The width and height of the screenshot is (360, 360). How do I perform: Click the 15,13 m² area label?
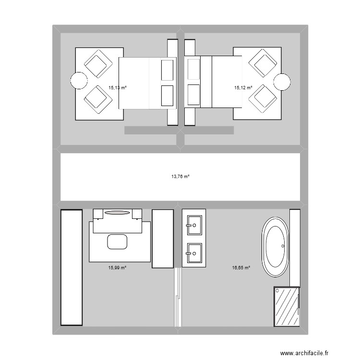[x=118, y=87]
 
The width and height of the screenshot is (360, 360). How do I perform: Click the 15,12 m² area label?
[x=243, y=87]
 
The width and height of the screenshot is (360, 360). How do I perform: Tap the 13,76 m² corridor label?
[x=180, y=176]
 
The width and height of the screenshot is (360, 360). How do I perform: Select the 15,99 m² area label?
[x=117, y=267]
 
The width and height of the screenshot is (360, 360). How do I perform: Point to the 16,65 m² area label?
[x=241, y=267]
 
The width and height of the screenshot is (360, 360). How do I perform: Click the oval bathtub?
[x=276, y=247]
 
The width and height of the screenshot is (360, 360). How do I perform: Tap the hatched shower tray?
[x=287, y=307]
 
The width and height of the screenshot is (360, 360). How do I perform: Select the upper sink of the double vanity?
[x=194, y=225]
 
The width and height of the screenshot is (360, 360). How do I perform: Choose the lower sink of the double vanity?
[x=194, y=253]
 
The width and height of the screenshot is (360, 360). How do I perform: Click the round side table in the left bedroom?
[x=79, y=81]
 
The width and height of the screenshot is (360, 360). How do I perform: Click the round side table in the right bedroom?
[x=282, y=82]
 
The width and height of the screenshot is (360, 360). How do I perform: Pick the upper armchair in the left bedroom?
[x=98, y=63]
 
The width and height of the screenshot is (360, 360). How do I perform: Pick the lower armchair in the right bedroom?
[x=263, y=99]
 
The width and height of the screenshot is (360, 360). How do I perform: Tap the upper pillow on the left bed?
[x=167, y=70]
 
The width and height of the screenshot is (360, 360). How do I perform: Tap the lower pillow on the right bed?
[x=193, y=95]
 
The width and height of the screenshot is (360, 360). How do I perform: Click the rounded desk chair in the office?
[x=117, y=241]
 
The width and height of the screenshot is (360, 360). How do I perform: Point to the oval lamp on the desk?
[x=117, y=213]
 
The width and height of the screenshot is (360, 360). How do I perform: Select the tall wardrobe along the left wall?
[x=72, y=267]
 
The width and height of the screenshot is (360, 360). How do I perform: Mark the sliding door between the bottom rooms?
[x=178, y=297]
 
